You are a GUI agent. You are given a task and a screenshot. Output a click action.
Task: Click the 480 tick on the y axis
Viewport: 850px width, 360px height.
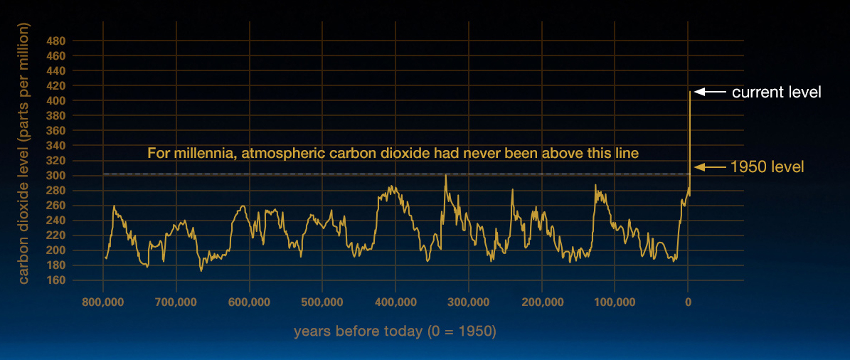pyautogui.click(x=72, y=41)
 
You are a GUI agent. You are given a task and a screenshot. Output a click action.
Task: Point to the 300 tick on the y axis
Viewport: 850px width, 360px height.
pyautogui.click(x=72, y=176)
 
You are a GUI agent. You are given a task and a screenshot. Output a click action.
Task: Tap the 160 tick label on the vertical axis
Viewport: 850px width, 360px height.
pyautogui.click(x=72, y=280)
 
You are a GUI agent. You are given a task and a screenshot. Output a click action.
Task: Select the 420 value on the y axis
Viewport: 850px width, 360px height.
pyautogui.click(x=72, y=86)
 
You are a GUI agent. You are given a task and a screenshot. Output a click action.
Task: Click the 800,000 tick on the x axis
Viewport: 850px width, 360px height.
pyautogui.click(x=103, y=301)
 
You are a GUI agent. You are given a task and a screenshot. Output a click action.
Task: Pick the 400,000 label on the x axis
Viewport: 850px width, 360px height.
pyautogui.click(x=395, y=301)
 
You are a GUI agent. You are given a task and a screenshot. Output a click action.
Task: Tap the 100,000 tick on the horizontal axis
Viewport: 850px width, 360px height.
pyautogui.click(x=615, y=301)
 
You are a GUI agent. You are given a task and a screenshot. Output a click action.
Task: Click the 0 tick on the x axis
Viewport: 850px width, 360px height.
pyautogui.click(x=688, y=301)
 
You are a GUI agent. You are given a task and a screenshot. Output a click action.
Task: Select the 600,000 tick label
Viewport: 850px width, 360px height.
pyautogui.click(x=250, y=301)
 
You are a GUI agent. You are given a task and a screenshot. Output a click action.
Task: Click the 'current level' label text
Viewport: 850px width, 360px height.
pyautogui.click(x=777, y=92)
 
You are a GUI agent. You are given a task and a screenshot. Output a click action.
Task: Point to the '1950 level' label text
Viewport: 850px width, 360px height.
pyautogui.click(x=767, y=167)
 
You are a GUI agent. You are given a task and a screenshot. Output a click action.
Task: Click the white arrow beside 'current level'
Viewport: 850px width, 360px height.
pyautogui.click(x=710, y=92)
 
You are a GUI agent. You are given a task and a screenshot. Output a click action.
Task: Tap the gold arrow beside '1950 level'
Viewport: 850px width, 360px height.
pyautogui.click(x=710, y=167)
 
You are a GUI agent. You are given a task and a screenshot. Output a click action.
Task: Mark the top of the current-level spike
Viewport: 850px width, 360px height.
pyautogui.click(x=689, y=92)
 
